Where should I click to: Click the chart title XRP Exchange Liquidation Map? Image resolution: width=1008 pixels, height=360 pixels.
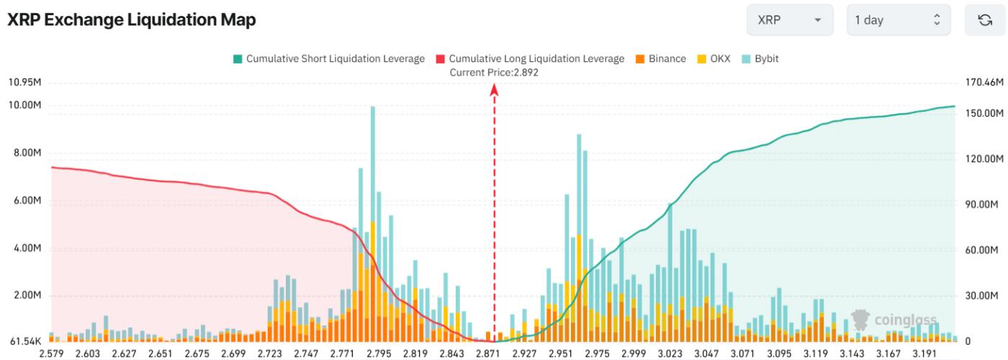[132, 21]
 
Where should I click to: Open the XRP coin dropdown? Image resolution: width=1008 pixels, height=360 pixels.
[789, 21]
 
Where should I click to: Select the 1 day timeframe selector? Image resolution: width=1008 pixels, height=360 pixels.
[898, 21]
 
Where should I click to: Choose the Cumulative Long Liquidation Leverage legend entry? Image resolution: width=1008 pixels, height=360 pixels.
[530, 58]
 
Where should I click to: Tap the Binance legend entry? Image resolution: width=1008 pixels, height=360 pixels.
[660, 58]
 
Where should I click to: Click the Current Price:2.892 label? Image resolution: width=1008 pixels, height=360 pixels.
[494, 72]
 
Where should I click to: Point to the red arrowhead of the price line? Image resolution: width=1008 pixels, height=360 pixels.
[495, 90]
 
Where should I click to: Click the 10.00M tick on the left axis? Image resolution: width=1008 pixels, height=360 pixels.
[24, 106]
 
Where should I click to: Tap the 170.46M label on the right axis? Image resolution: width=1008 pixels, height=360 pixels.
[984, 82]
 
